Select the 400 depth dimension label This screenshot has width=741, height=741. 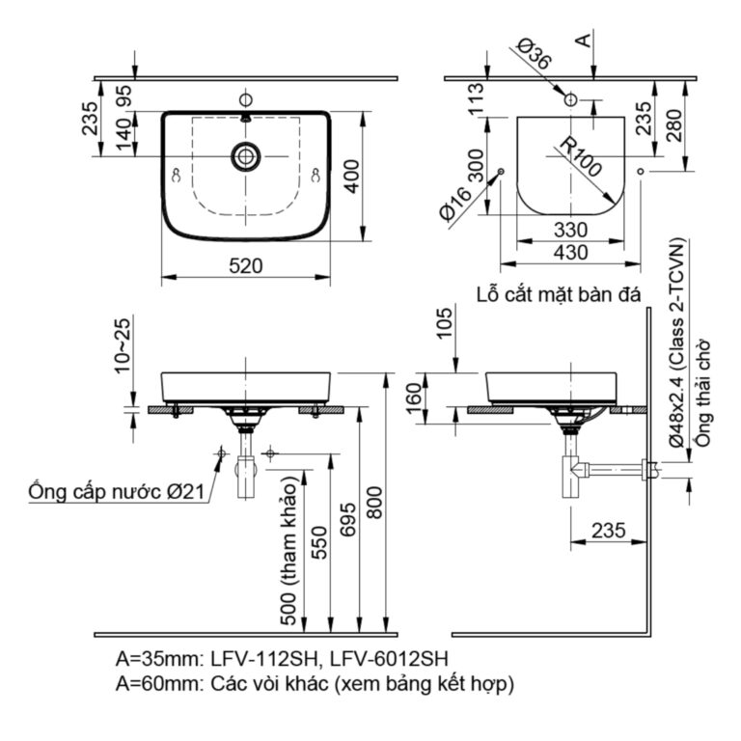pos(354,176)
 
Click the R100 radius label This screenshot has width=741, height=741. pos(579,155)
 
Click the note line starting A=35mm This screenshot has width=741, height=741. pos(282,660)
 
